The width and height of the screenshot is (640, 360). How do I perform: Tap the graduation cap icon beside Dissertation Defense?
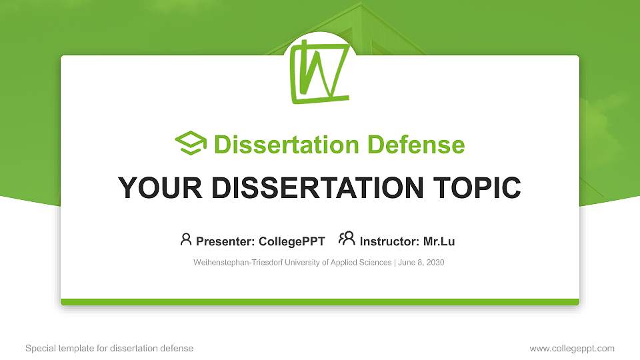[x=191, y=143]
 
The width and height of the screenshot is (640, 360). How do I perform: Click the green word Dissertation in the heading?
[x=287, y=145]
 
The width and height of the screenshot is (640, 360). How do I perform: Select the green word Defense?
[x=416, y=145]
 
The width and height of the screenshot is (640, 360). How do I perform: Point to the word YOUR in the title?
[x=160, y=188]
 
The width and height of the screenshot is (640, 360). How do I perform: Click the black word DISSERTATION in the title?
[x=317, y=188]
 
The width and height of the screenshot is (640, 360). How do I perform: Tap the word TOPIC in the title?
[x=477, y=188]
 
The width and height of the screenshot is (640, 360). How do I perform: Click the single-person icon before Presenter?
[x=186, y=239]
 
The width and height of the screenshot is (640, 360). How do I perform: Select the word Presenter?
[x=225, y=241]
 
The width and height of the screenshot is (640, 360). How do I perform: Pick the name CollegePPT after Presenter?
[x=292, y=241]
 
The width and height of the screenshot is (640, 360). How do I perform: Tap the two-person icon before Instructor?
[x=347, y=239]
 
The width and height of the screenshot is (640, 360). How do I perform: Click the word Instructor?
[x=389, y=241]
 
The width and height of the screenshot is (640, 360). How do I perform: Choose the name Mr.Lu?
[x=439, y=241]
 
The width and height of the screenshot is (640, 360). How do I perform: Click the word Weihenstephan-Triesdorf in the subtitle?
[x=238, y=263]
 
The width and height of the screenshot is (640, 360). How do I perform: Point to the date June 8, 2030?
[x=421, y=263]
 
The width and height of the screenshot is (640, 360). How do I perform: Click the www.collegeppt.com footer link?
[x=572, y=349]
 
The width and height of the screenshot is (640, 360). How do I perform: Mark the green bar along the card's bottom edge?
[x=320, y=302]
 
